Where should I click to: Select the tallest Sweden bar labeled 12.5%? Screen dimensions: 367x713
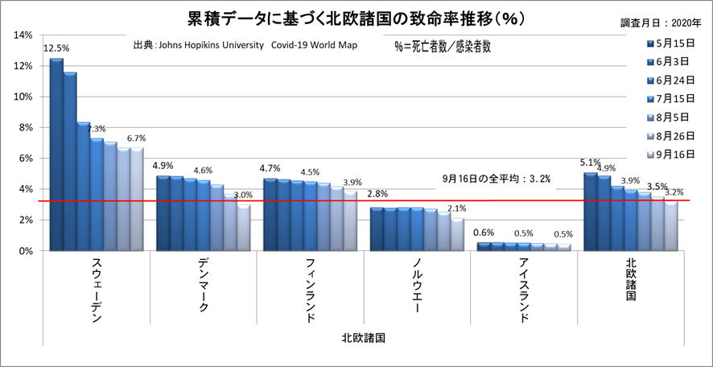[56, 153]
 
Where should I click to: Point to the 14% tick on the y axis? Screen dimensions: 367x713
[22, 35]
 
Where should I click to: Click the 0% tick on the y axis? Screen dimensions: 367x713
[24, 251]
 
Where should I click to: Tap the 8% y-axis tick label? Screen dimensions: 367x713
[24, 128]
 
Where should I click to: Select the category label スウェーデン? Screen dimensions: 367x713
[95, 291]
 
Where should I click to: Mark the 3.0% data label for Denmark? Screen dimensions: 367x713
[243, 195]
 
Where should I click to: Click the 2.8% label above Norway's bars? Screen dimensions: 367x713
[379, 195]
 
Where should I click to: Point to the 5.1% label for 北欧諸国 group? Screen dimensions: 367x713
[590, 163]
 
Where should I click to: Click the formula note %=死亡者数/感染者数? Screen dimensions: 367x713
[442, 47]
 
